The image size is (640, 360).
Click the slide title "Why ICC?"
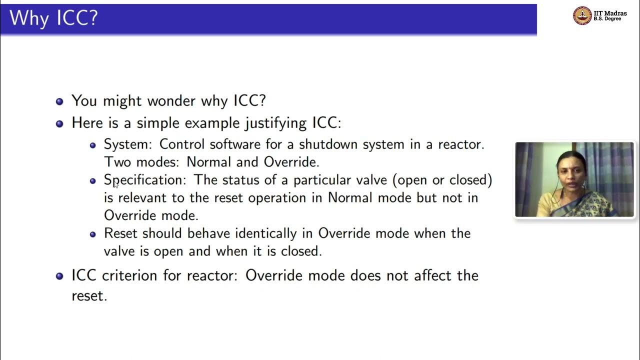click(x=53, y=18)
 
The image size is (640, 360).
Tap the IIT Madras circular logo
click(x=582, y=15)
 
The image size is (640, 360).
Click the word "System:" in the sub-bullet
click(x=127, y=144)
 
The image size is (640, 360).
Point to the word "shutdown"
click(x=322, y=144)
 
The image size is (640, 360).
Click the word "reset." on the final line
click(x=89, y=295)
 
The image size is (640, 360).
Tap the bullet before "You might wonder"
click(x=59, y=101)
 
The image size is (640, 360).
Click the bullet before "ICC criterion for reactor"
click(x=59, y=276)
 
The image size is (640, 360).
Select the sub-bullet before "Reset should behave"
click(x=92, y=234)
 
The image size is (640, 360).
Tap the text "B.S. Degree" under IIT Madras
click(x=607, y=19)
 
